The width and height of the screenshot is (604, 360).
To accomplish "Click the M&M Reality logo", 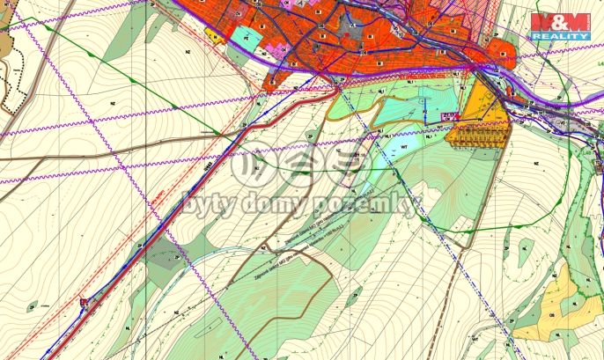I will tap(561, 26).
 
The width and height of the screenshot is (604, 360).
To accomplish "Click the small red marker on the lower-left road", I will tap(85, 302).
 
